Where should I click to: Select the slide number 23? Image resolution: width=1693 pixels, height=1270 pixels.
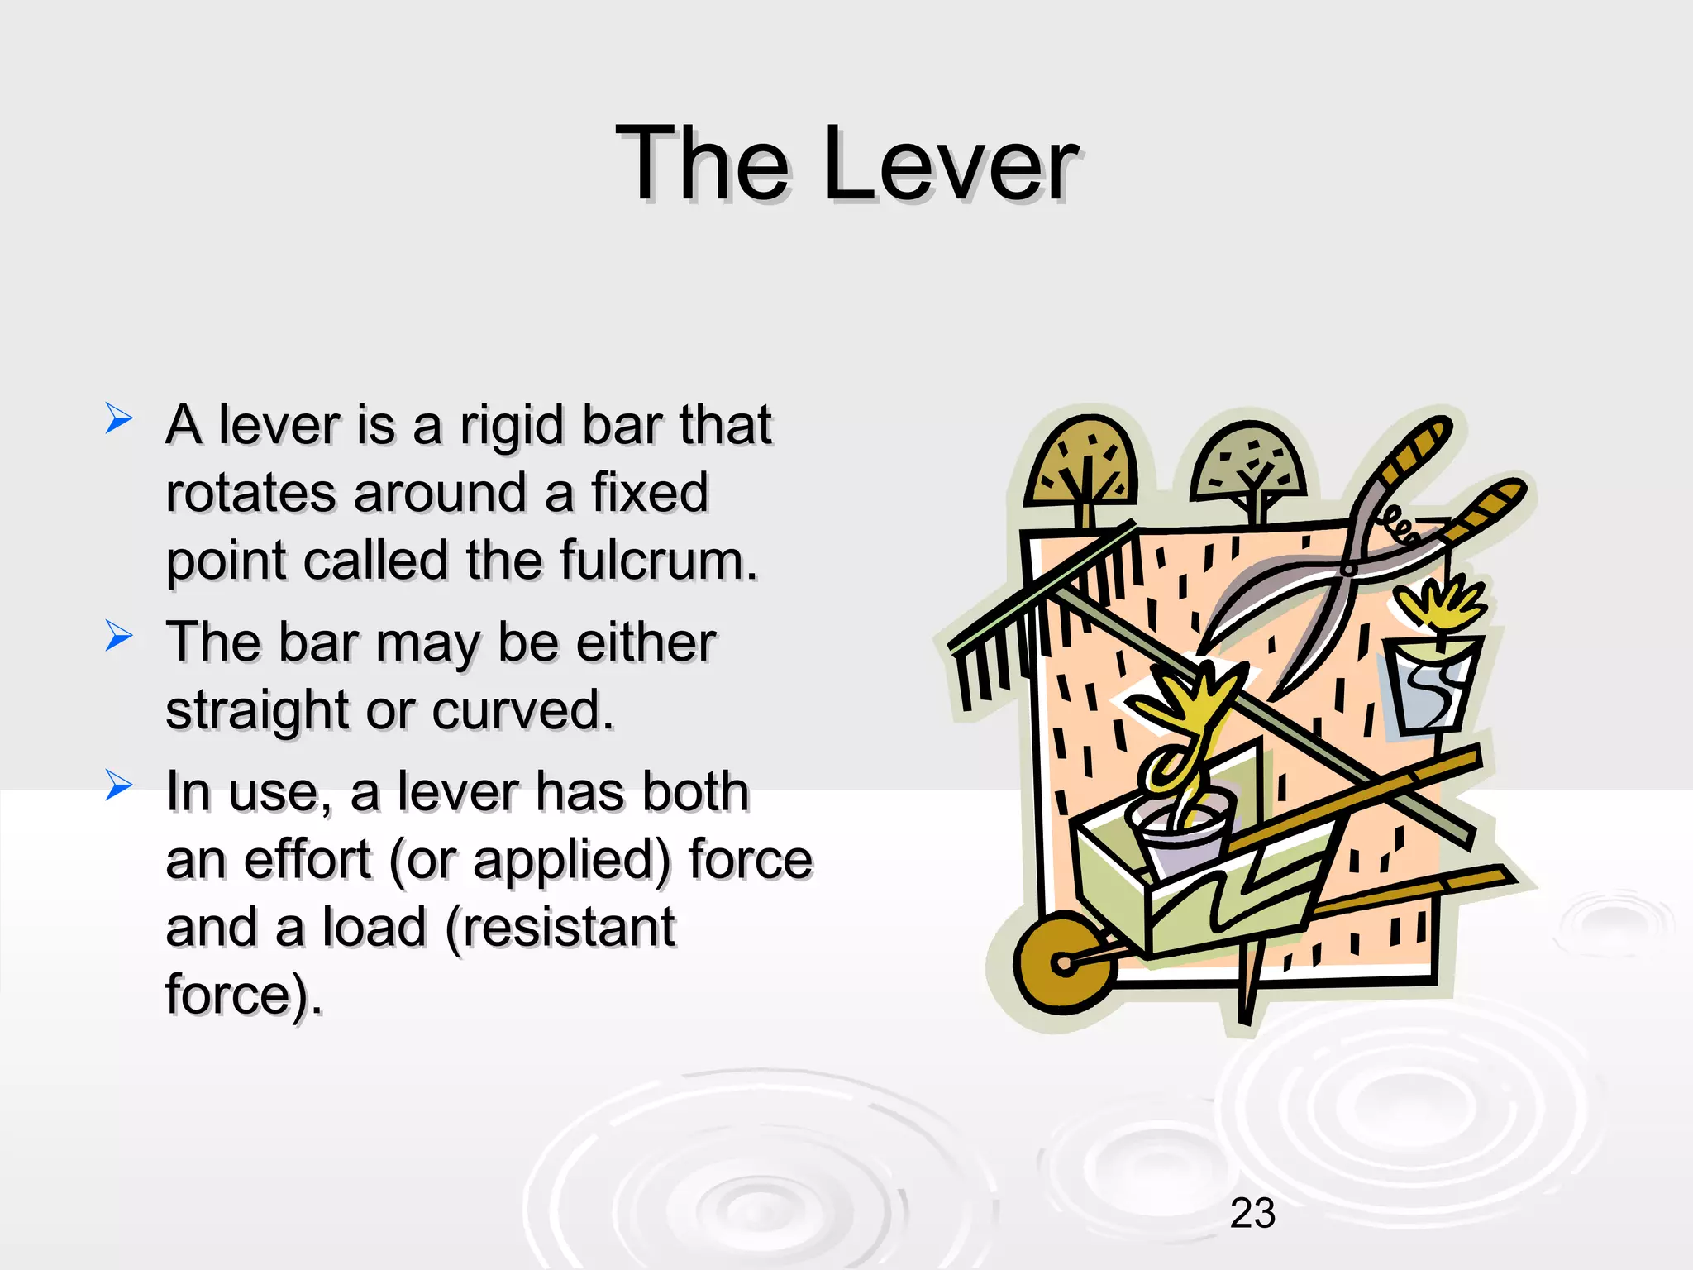[1252, 1214]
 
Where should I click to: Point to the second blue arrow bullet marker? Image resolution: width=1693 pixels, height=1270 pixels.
[118, 636]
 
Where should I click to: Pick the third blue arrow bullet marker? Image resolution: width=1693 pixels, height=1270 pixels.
[118, 785]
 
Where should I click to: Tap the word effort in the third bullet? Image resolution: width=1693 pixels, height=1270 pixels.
[308, 859]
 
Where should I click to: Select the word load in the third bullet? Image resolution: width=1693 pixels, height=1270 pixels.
[374, 927]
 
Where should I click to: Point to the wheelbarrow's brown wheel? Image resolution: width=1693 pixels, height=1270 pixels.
[1063, 962]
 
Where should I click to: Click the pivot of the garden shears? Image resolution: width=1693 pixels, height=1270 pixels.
[1348, 569]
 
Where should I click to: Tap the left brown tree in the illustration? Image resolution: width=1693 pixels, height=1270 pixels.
[1080, 468]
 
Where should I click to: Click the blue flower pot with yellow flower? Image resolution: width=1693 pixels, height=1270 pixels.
[1433, 682]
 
